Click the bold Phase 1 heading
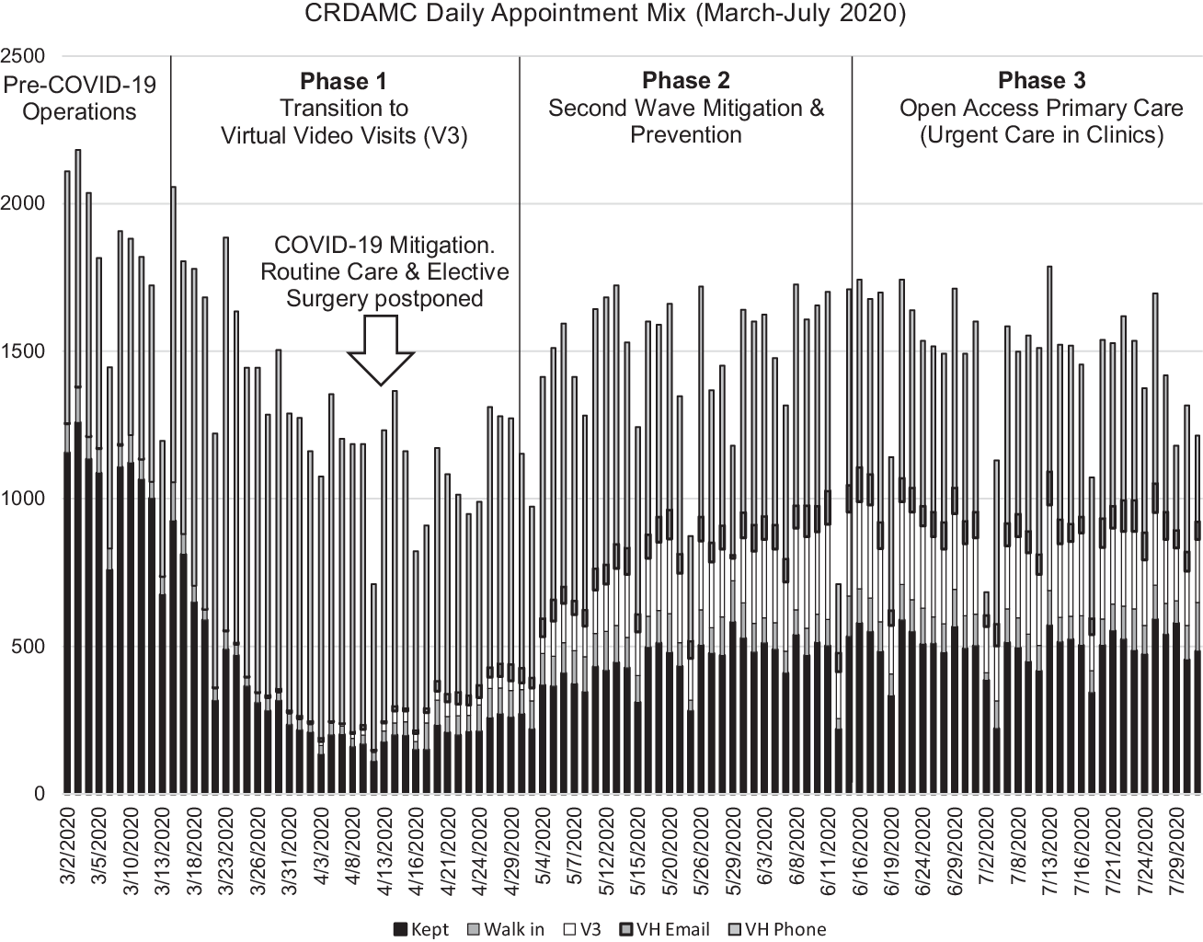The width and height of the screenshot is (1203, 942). (x=343, y=82)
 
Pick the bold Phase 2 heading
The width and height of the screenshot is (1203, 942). (x=685, y=81)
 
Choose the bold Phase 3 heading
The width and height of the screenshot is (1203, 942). (x=1041, y=81)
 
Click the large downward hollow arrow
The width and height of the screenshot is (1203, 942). (x=381, y=350)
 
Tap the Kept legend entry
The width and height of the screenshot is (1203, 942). (x=421, y=929)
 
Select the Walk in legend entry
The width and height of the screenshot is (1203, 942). (x=505, y=929)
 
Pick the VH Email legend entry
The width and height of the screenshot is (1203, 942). (x=664, y=929)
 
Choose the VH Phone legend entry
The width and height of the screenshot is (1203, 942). (x=776, y=929)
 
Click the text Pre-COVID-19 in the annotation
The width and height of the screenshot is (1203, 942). (x=80, y=86)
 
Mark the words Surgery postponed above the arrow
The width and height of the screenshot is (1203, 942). (x=384, y=298)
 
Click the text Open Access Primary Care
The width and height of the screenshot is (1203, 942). (x=1041, y=109)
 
